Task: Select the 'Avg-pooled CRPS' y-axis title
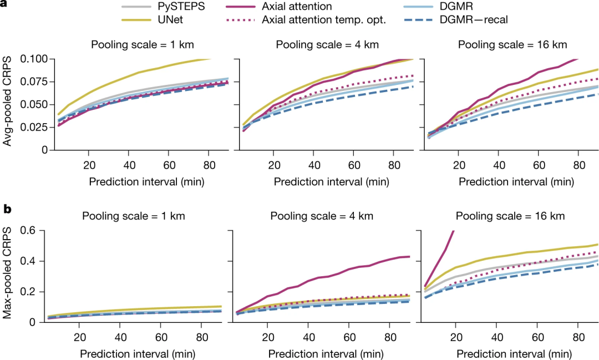pos(7,104)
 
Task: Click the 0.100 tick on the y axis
pos(34,59)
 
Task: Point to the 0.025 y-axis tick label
pos(34,127)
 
